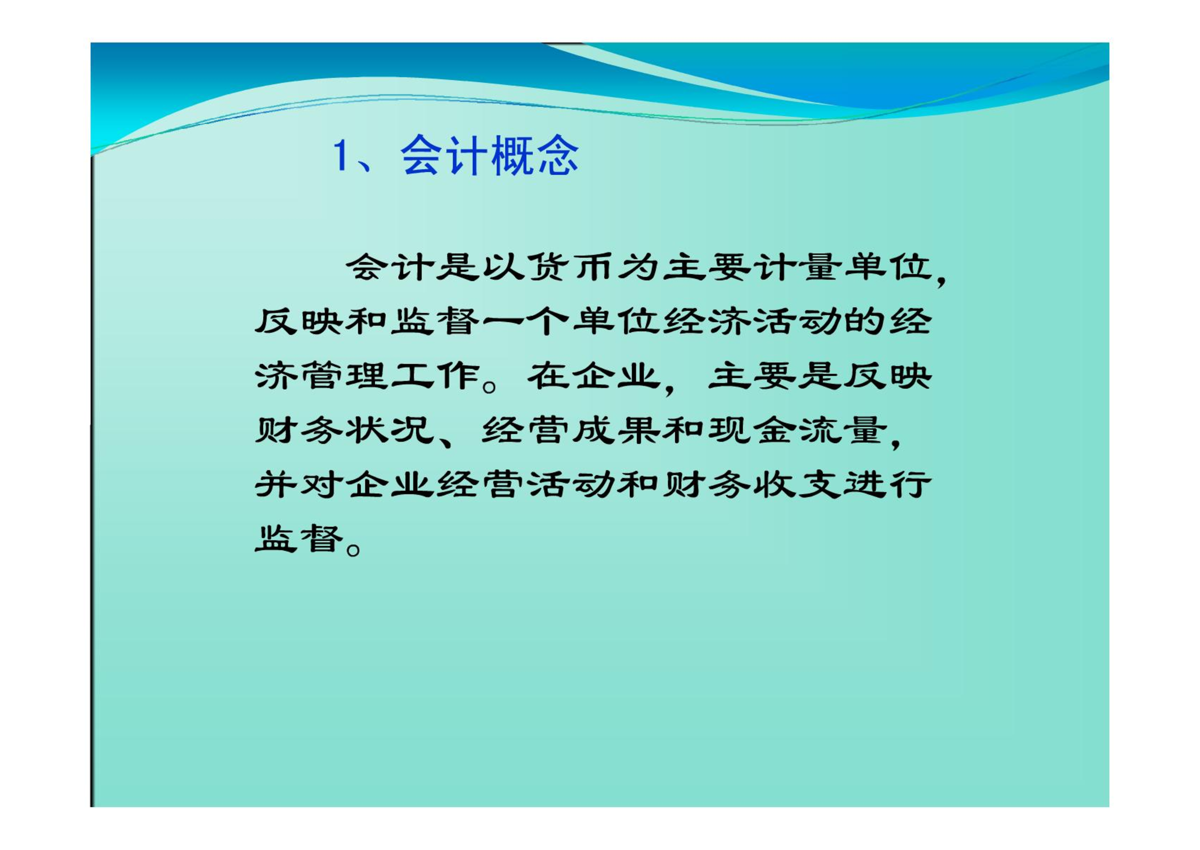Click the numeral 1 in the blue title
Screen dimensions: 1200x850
point(340,155)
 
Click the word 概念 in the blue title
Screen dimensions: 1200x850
point(534,155)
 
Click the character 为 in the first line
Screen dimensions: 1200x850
point(640,267)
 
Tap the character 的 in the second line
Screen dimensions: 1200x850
point(866,322)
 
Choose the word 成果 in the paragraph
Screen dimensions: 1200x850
point(617,430)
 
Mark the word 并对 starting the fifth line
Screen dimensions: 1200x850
point(299,485)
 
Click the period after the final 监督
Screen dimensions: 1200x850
point(353,549)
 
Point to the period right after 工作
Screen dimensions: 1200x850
point(489,386)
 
